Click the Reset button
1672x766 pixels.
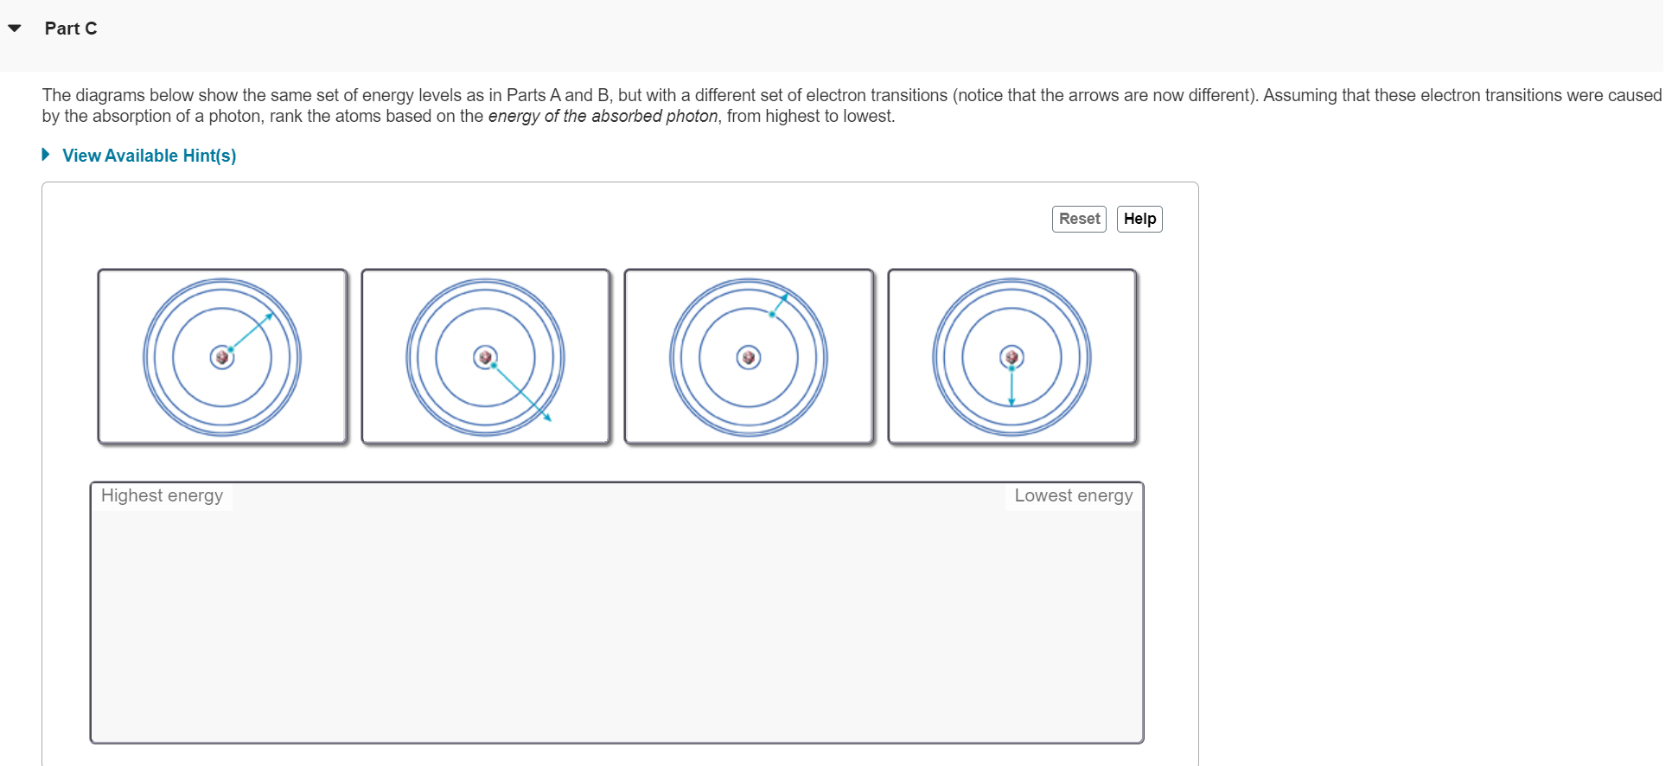point(1079,219)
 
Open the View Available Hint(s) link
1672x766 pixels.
point(149,156)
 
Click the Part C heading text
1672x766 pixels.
point(71,29)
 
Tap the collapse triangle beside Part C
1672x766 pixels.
point(15,29)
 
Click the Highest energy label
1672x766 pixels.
point(162,495)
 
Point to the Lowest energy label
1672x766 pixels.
point(1073,495)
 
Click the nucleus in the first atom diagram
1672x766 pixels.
point(222,357)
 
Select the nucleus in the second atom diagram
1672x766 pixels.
point(485,356)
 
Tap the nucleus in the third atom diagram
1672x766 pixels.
point(749,357)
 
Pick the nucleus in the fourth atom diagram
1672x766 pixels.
point(1011,356)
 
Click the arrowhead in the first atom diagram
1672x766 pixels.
point(270,316)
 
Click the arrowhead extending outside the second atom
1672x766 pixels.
point(547,418)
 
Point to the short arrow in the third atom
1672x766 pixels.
point(779,304)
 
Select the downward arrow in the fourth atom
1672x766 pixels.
point(1011,386)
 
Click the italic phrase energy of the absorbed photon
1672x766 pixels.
point(603,116)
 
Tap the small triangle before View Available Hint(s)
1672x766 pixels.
point(46,155)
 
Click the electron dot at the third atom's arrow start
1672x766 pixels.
point(772,314)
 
